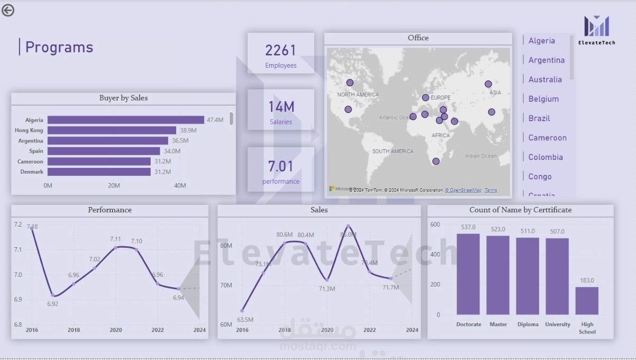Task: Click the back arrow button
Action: (8, 10)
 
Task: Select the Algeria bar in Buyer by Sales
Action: (125, 120)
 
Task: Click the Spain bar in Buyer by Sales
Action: (104, 151)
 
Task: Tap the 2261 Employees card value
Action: (280, 50)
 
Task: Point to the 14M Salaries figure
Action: (280, 107)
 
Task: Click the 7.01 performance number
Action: (280, 166)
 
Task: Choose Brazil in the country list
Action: (539, 118)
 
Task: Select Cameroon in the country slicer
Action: (547, 138)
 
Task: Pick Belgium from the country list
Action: (543, 99)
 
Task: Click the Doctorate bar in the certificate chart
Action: (468, 274)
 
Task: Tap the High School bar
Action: (587, 301)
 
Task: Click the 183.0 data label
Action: (587, 281)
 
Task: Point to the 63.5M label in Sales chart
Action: (245, 320)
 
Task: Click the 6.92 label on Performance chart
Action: (52, 304)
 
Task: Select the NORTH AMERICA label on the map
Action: (358, 95)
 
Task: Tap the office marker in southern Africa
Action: (435, 161)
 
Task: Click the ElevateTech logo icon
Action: (596, 26)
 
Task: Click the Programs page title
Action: (59, 47)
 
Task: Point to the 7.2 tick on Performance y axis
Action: (18, 224)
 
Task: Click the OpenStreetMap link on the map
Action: (464, 190)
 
